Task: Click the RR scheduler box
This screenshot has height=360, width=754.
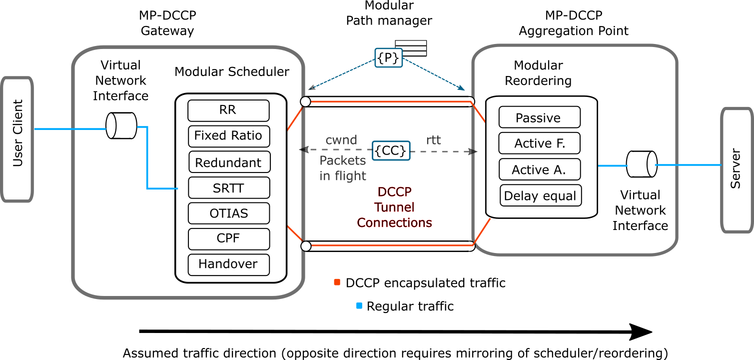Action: pos(228,110)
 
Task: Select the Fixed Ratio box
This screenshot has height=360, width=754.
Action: pos(229,136)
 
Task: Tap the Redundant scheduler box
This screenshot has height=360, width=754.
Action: pos(229,162)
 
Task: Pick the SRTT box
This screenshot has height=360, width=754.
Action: pos(229,187)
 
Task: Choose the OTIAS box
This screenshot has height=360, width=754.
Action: pos(229,213)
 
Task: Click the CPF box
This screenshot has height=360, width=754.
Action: pos(229,239)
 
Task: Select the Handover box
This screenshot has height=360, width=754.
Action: pos(228,264)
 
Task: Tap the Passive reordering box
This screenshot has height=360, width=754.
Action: pos(539,117)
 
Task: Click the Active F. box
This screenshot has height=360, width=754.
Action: pos(539,143)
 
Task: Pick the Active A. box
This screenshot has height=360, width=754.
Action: pos(539,169)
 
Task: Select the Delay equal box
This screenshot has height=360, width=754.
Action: pos(540,195)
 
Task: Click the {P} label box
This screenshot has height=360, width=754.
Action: pos(388,58)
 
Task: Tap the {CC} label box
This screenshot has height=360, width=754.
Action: pos(391,150)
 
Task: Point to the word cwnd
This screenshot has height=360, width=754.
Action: pos(341,140)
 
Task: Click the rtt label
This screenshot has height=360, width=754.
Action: pos(433,140)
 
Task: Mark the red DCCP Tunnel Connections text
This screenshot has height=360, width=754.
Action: pos(395,207)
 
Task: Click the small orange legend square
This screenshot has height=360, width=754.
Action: pos(337,282)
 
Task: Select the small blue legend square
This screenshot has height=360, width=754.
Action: pos(359,305)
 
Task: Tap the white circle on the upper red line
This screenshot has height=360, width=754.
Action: pos(305,102)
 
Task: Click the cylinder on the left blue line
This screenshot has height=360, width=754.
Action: pos(121,125)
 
